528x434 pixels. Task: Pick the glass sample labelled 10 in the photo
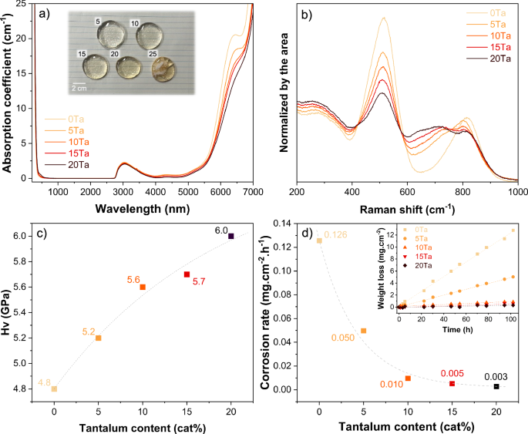point(152,35)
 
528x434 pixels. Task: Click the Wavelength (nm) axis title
point(143,208)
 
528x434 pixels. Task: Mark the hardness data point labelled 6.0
point(230,236)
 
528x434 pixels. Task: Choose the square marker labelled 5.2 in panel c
point(98,338)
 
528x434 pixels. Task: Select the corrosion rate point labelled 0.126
point(319,241)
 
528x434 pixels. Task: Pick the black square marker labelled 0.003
point(496,386)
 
